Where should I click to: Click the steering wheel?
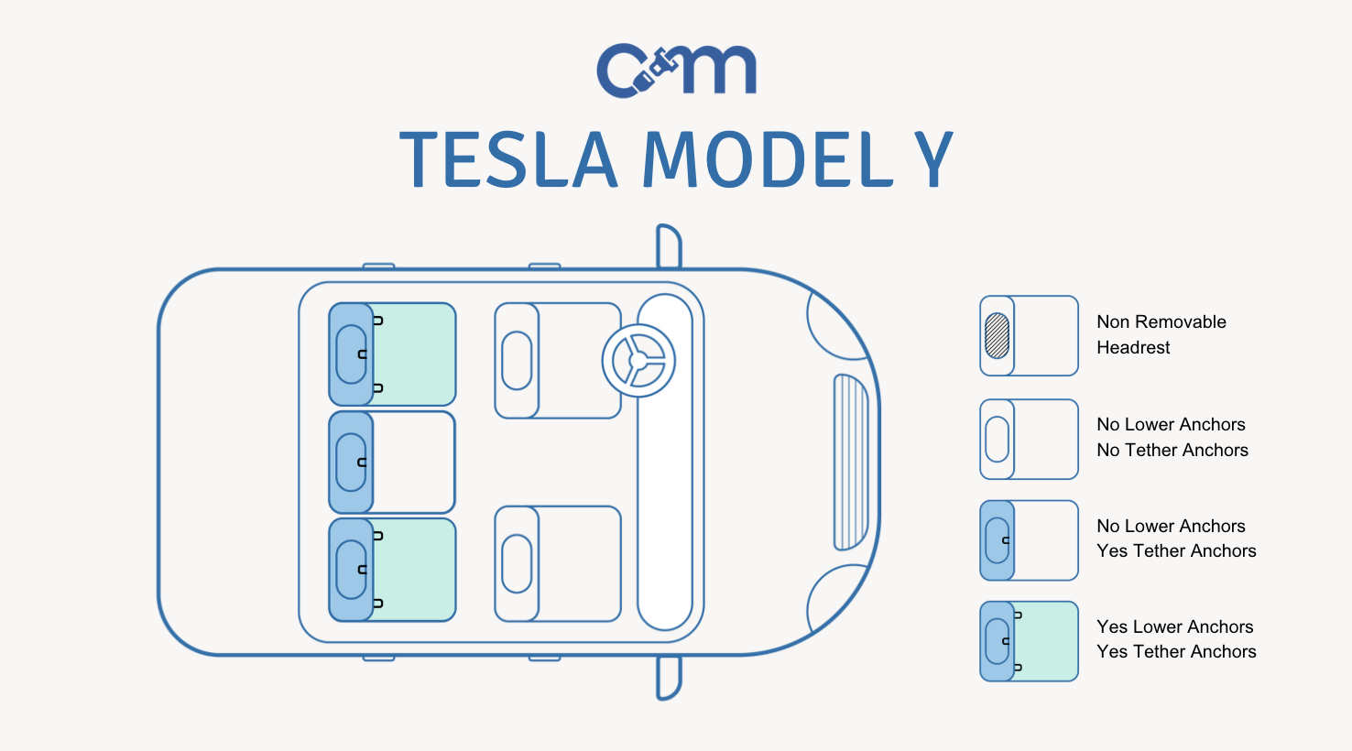point(638,360)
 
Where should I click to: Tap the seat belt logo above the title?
point(676,70)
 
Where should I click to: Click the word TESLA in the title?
point(508,160)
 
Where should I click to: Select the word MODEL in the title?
point(768,160)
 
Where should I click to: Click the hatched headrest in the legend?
point(997,335)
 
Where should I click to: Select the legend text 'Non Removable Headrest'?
point(1161,334)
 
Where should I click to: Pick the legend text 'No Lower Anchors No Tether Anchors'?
point(1172,437)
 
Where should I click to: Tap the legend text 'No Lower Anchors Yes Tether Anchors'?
point(1175,539)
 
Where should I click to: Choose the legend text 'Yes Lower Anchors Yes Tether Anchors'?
point(1175,639)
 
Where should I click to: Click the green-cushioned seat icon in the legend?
point(1030,641)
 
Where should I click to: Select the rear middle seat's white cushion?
point(413,463)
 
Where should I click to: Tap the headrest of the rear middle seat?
point(351,463)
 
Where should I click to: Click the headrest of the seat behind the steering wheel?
point(517,361)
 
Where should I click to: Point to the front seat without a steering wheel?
point(558,563)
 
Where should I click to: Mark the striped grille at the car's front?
point(850,463)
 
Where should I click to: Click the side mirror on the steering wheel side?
point(669,246)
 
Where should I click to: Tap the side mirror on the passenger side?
point(669,677)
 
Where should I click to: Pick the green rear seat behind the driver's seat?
point(413,354)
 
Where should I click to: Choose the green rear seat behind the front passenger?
point(413,570)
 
